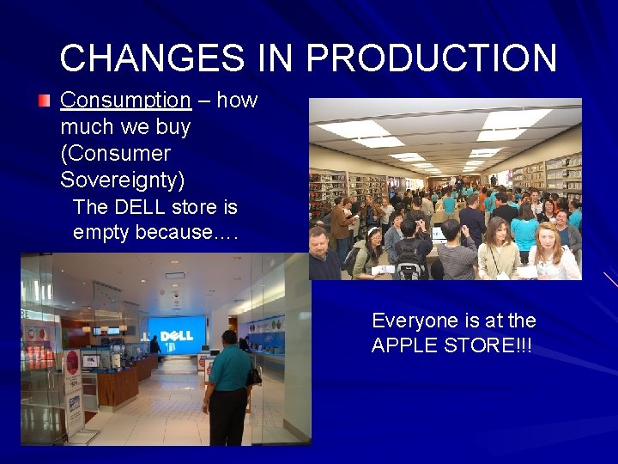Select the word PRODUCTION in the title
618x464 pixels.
click(432, 58)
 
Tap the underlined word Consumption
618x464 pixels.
click(125, 101)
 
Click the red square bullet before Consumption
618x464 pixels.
click(45, 101)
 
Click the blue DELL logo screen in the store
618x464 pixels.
click(177, 333)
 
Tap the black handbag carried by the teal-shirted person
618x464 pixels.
click(254, 375)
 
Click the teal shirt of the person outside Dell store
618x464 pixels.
click(227, 365)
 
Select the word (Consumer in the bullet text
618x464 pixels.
click(115, 154)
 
